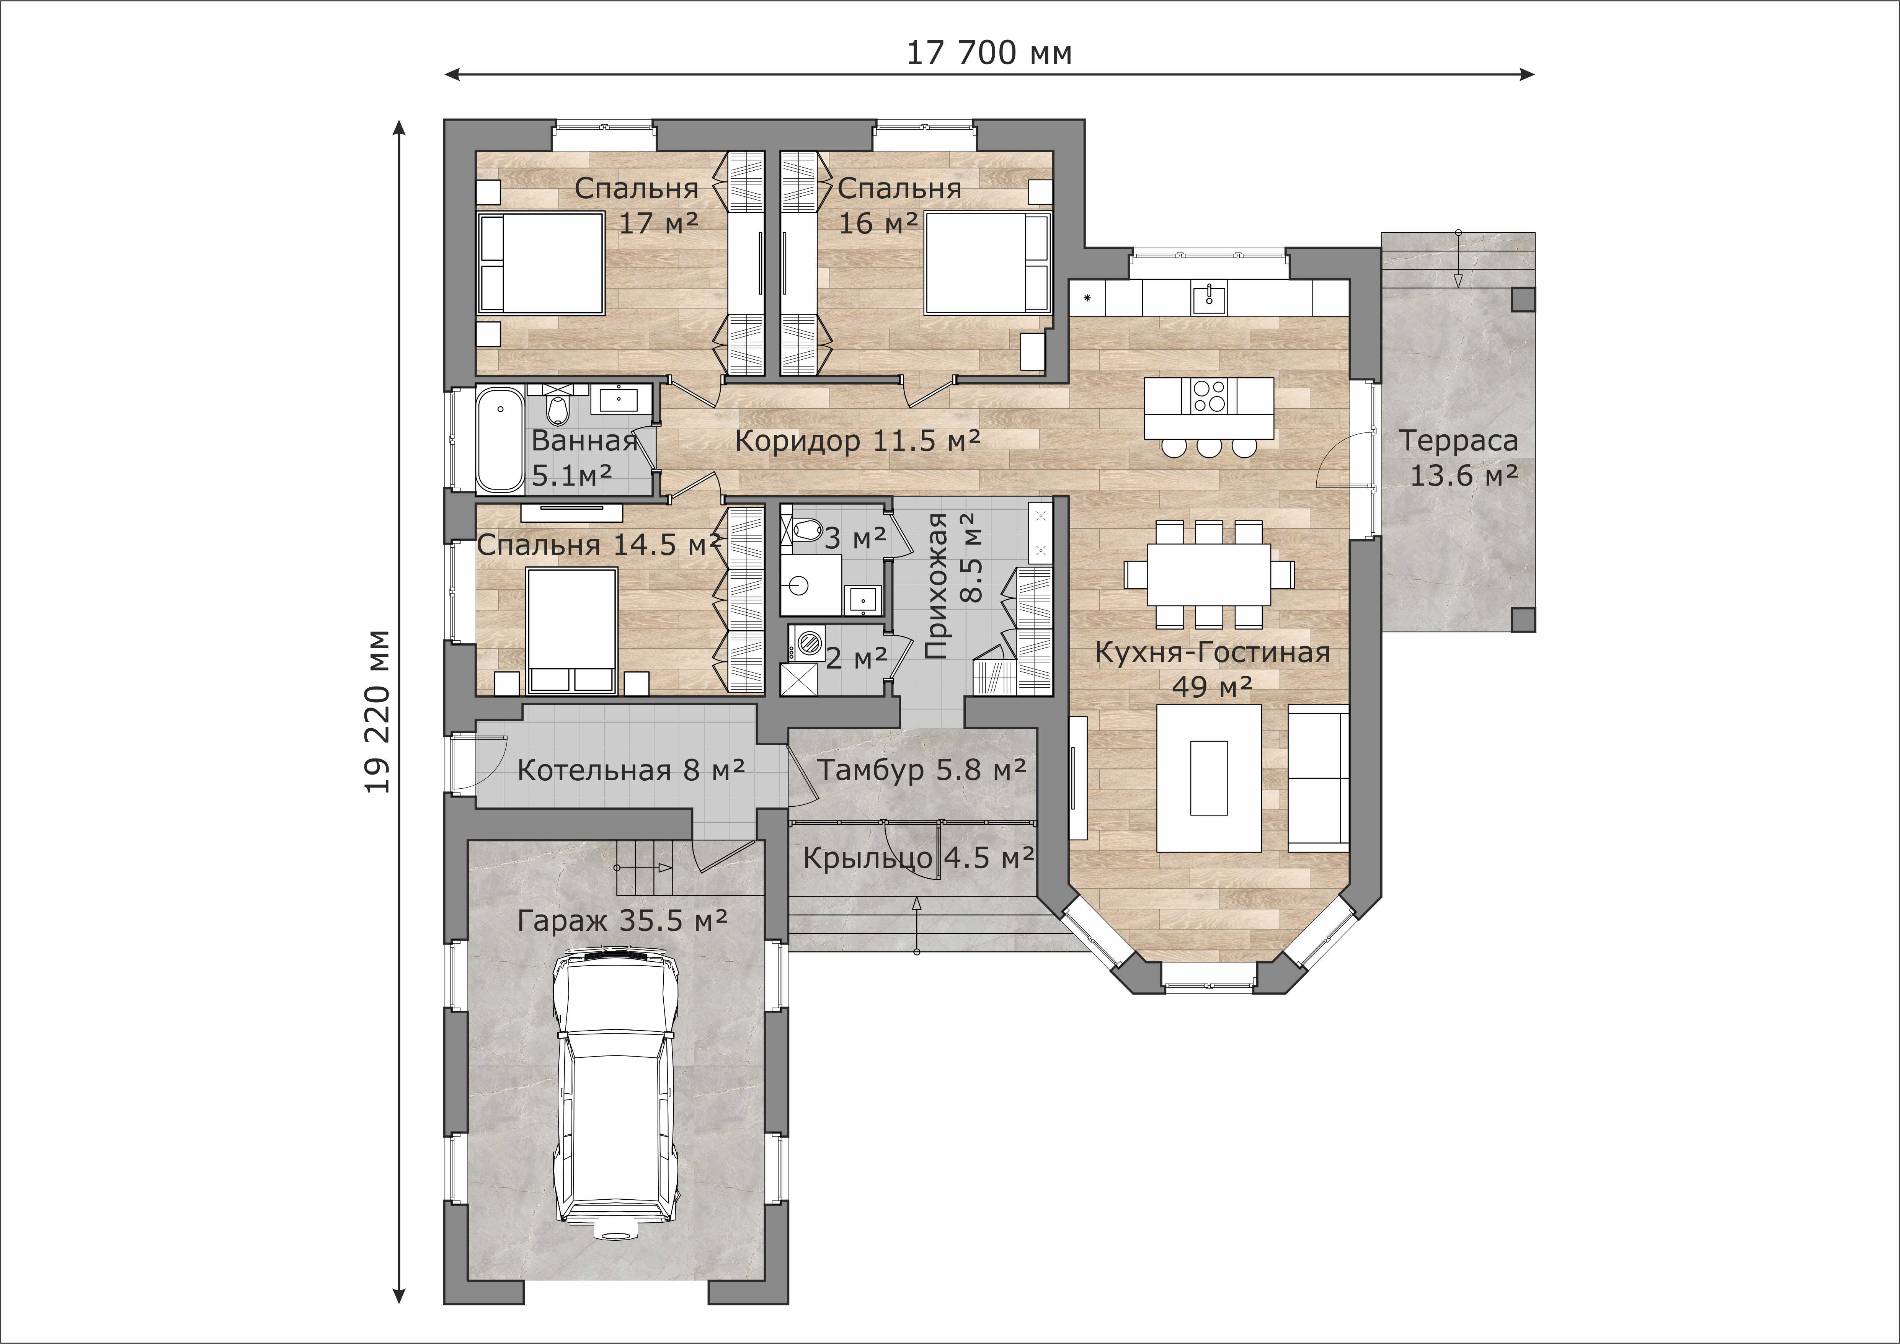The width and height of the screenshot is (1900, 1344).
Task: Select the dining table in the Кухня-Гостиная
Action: coord(1208,574)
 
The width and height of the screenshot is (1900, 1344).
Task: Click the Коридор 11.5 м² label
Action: coord(857,440)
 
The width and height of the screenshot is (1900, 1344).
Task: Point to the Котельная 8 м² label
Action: coord(630,770)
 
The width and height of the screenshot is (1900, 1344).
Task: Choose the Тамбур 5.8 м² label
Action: coord(922,770)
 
